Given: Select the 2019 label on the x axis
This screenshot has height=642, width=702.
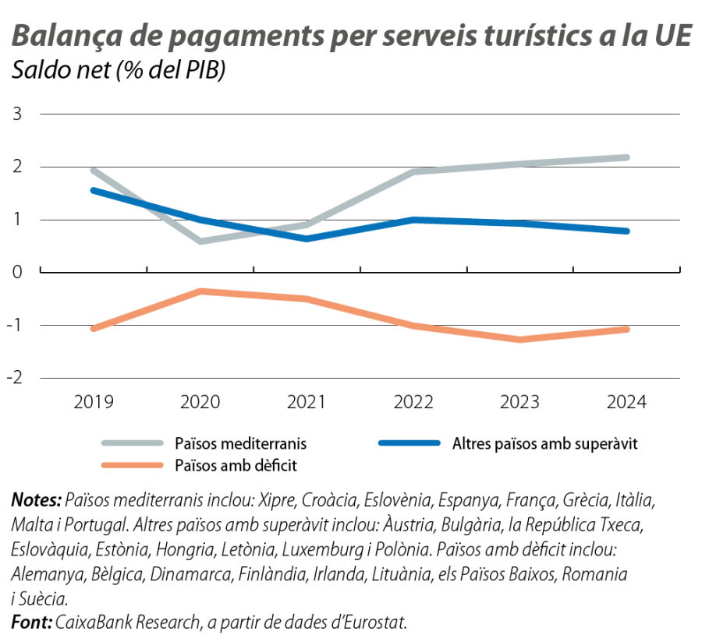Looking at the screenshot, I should (x=94, y=402).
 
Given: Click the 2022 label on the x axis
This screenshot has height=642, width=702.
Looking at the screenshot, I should (x=413, y=402).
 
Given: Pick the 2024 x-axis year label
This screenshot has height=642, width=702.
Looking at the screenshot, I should (x=626, y=402).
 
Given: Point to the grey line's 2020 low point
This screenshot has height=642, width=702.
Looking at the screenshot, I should (x=201, y=242).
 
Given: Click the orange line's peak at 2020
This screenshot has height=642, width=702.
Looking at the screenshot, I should (x=201, y=291).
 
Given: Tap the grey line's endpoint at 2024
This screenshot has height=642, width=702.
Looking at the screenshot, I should (x=627, y=157).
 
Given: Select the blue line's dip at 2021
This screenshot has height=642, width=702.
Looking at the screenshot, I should (x=308, y=238).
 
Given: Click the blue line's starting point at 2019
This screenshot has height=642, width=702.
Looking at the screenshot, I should (x=94, y=189).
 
